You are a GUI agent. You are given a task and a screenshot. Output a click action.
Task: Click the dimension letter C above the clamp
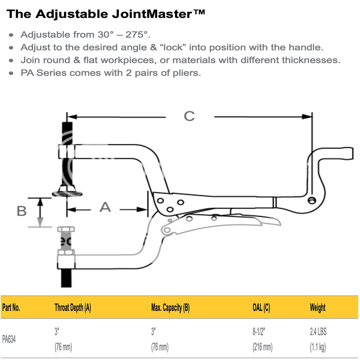[189, 116]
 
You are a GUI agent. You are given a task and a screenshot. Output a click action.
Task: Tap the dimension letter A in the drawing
[105, 207]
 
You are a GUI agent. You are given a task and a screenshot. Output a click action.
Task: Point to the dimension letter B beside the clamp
[22, 211]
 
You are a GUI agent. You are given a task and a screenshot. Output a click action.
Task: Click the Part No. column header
[11, 308]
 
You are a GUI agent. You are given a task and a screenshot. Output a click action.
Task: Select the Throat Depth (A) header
[73, 308]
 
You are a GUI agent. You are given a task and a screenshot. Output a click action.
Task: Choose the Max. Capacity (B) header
[170, 308]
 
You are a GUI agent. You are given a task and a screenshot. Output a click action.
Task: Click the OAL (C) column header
[261, 308]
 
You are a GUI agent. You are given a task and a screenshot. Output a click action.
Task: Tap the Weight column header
[317, 308]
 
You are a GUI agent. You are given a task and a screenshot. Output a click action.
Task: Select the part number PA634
[9, 340]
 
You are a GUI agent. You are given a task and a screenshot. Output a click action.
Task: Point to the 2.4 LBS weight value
[318, 332]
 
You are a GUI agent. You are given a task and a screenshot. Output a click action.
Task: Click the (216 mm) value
[262, 347]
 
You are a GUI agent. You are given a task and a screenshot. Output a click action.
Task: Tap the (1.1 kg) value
[318, 347]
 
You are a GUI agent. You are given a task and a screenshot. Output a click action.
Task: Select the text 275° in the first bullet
[136, 35]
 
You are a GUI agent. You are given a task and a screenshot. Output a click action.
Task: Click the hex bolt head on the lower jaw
[66, 229]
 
